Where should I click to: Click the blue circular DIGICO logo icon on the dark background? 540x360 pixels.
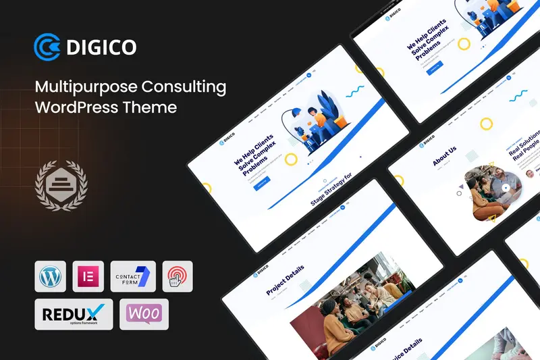point(47,47)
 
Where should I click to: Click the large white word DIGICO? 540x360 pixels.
point(101,47)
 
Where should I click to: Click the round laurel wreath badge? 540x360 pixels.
point(61,183)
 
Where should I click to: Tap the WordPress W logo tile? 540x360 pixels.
point(50,276)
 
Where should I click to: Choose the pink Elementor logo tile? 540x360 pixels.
point(88,276)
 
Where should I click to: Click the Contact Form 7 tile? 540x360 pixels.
point(133,276)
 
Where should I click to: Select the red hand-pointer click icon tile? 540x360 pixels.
point(178,276)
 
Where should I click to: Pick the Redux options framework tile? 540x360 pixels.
point(64,314)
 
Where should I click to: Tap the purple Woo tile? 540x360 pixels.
point(144,314)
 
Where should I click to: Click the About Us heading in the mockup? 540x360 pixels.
point(445,155)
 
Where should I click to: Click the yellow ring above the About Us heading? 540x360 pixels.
point(485,124)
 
